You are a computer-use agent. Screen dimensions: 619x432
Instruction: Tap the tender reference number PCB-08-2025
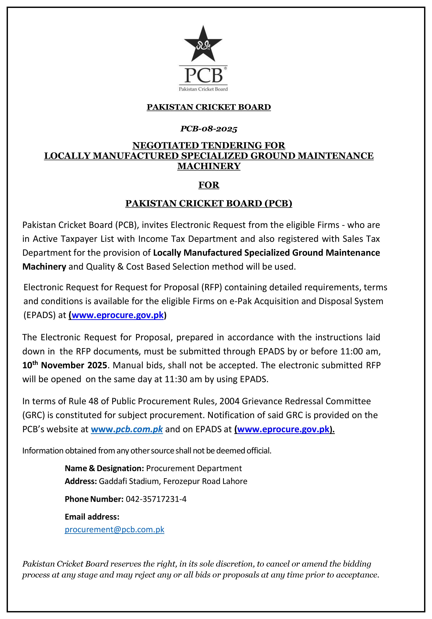(x=209, y=129)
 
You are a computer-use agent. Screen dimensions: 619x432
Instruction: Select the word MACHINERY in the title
(x=209, y=166)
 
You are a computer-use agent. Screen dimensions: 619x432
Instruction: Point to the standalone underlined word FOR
(x=209, y=185)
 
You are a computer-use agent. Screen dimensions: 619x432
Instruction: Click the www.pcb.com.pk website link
(x=127, y=429)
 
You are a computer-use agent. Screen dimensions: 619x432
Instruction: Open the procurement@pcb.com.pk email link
(x=114, y=529)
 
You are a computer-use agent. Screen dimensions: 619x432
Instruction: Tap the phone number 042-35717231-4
(x=156, y=499)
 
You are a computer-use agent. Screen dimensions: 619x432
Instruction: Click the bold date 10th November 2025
(x=65, y=365)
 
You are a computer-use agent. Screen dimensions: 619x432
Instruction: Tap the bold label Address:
(x=81, y=481)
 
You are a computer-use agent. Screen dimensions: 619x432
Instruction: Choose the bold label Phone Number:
(x=94, y=499)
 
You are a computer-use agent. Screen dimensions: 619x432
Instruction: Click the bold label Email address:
(x=92, y=517)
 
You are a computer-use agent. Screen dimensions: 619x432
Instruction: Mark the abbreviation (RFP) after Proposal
(x=211, y=287)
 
